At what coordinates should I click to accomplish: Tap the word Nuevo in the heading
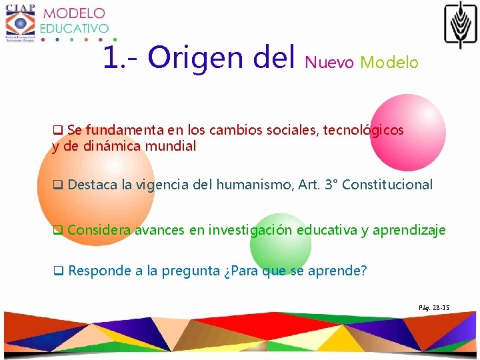tap(329, 63)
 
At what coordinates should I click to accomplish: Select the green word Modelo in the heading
tap(389, 63)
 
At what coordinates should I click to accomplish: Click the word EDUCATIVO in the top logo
tap(74, 28)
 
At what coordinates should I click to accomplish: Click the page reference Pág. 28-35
tap(434, 307)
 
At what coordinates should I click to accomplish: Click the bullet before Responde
tap(58, 271)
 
